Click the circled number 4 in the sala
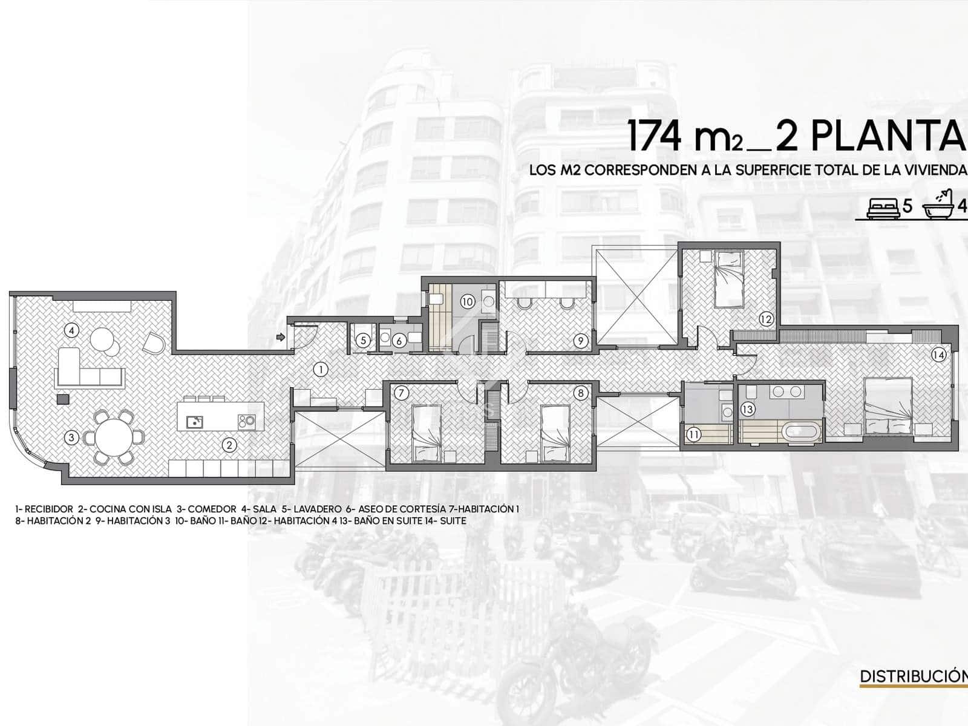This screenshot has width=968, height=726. tap(71, 330)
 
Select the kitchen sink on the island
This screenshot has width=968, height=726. tap(194, 421)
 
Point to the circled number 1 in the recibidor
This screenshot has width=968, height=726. tap(321, 369)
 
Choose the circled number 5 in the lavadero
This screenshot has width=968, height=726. tap(363, 341)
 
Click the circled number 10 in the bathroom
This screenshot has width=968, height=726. tap(467, 301)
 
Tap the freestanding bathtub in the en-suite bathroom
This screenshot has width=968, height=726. tap(800, 433)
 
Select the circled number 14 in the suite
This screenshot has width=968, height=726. tap(938, 355)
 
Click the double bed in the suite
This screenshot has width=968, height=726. tap(889, 404)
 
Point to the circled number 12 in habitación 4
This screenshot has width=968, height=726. tap(766, 319)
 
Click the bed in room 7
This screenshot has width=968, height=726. tap(429, 432)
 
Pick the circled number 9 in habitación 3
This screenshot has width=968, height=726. tap(580, 341)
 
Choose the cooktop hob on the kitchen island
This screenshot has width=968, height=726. tap(246, 420)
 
